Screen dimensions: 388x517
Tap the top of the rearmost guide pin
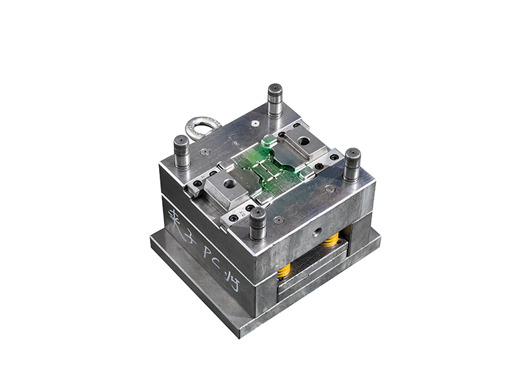pos(275,89)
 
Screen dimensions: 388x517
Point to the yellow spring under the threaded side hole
pos(330,241)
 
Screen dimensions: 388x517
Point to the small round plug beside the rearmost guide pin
pos(256,121)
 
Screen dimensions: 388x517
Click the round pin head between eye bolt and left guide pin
pos(205,152)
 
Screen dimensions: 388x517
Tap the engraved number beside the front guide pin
pos(242,211)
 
